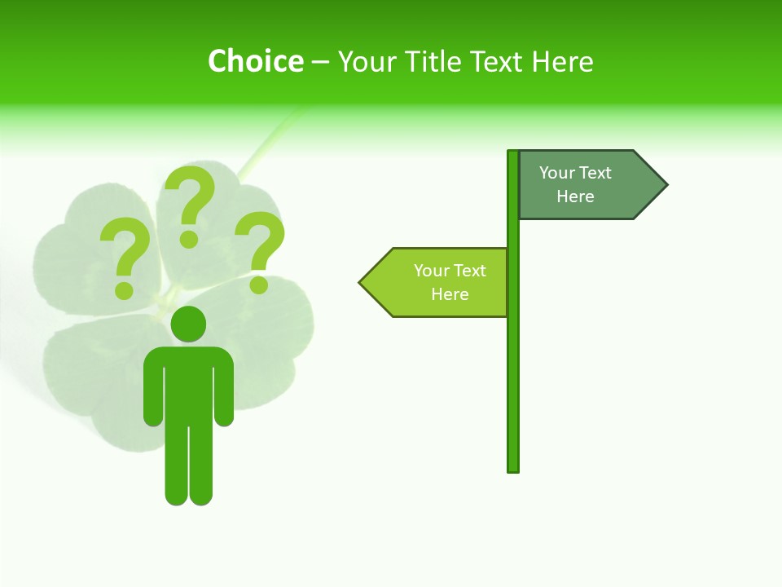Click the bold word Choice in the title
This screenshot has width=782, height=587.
(255, 61)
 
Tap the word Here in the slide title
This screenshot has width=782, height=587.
(562, 61)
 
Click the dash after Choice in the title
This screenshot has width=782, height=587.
(320, 62)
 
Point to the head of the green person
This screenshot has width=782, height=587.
(188, 324)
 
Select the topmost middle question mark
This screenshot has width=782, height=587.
(191, 200)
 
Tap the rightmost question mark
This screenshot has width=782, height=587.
(261, 245)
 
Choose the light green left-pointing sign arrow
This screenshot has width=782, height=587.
(436, 282)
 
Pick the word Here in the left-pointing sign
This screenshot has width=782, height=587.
(450, 294)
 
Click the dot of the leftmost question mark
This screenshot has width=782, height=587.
(124, 289)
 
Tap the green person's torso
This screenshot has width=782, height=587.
(188, 383)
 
